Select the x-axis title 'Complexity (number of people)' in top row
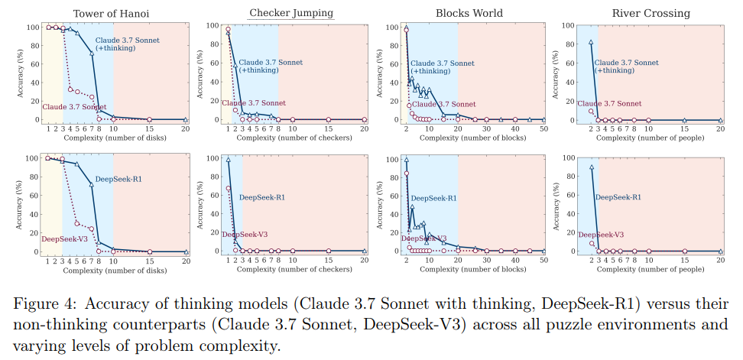pos(650,138)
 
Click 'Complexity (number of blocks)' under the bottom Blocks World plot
pos(472,270)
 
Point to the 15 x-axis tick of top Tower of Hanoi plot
pos(149,129)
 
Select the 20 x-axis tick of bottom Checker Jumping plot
pos(364,261)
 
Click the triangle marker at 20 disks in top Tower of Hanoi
pos(186,119)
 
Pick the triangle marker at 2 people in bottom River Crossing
pos(591,167)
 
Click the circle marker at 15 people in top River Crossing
pos(684,120)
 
